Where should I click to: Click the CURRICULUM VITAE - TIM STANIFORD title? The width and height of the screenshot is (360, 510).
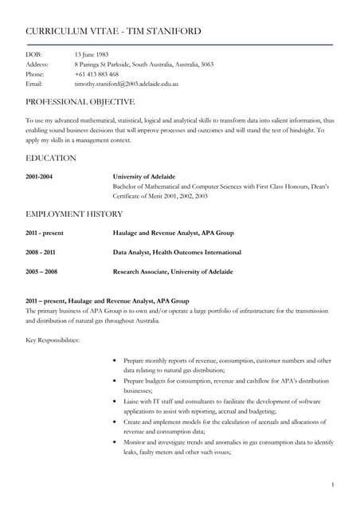(113, 31)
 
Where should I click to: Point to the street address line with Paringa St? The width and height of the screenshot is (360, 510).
(143, 64)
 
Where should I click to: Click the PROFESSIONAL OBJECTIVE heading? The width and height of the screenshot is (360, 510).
(80, 102)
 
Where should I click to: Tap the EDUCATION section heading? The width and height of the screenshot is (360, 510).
(51, 158)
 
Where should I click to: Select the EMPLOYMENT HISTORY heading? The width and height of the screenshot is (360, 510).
(74, 214)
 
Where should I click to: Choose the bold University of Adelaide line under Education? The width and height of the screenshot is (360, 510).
(144, 176)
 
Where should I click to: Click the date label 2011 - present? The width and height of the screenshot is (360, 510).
(45, 233)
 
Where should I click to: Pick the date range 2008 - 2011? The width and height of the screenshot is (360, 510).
(41, 253)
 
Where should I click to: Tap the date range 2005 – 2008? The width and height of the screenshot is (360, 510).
(41, 272)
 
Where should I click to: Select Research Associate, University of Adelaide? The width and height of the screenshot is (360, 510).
(173, 272)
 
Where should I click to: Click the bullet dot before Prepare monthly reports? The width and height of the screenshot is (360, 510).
(116, 361)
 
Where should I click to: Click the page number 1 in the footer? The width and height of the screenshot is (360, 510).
(332, 484)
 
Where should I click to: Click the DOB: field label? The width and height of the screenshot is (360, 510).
(34, 53)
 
